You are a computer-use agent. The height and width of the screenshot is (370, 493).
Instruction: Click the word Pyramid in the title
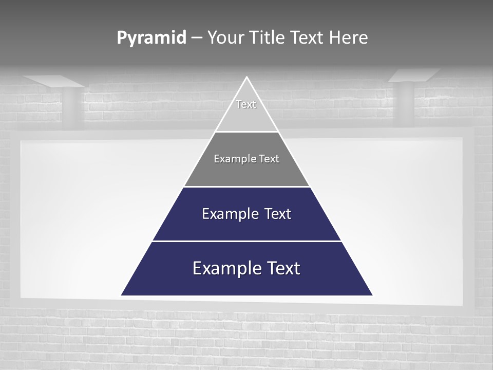(x=151, y=38)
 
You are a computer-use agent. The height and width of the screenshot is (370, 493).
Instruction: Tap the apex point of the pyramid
(x=246, y=78)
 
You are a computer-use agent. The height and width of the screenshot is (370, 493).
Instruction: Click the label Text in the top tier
(x=246, y=104)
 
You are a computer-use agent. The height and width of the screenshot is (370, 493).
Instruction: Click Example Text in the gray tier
(x=246, y=159)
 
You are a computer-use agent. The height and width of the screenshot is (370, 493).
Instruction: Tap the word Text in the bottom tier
(x=280, y=268)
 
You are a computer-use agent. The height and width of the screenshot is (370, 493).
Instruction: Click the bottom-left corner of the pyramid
(x=122, y=295)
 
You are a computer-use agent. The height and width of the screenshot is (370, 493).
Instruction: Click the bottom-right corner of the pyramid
(x=371, y=295)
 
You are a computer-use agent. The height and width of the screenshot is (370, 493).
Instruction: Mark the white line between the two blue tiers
(x=246, y=241)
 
